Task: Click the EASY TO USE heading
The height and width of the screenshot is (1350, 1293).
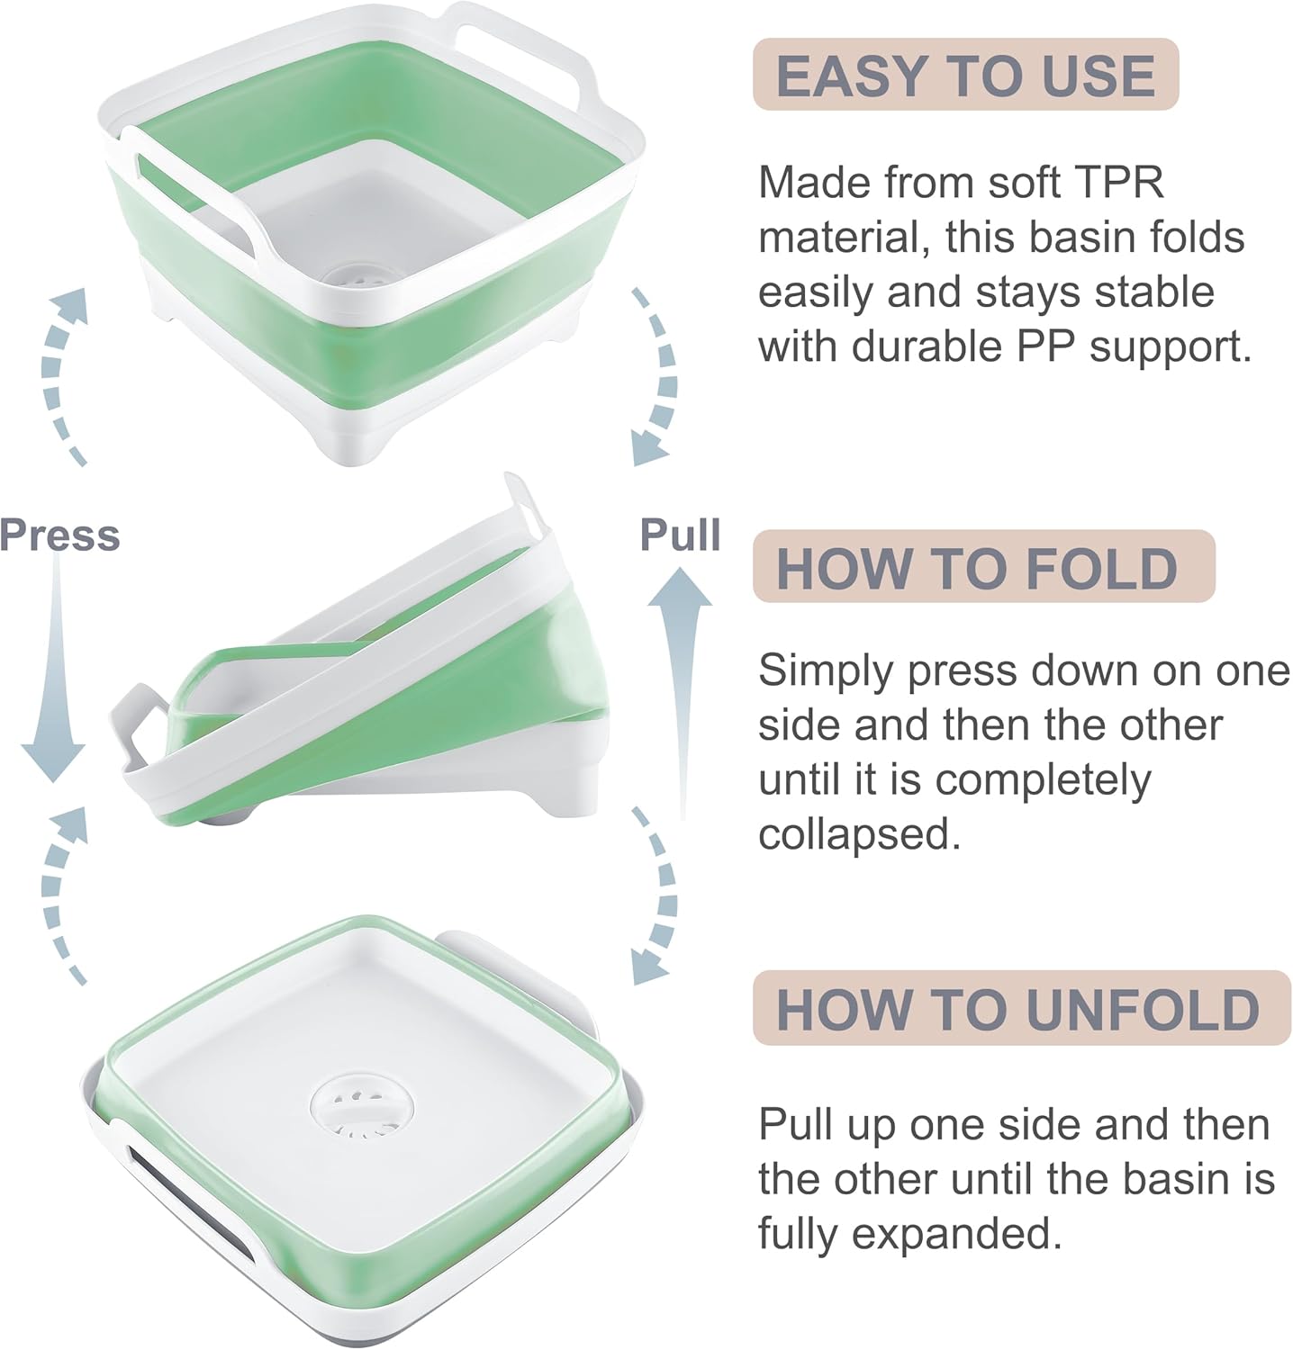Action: [x=965, y=75]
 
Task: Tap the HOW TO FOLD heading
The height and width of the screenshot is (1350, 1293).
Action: [x=977, y=568]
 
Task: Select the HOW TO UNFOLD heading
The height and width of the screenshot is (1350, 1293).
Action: [x=1017, y=1009]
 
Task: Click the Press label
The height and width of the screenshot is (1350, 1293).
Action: [x=59, y=535]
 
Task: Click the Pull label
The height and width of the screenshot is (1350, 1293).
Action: [x=680, y=535]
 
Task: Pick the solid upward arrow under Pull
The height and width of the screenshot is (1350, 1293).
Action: [x=680, y=684]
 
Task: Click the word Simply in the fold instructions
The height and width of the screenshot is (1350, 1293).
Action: [x=826, y=671]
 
